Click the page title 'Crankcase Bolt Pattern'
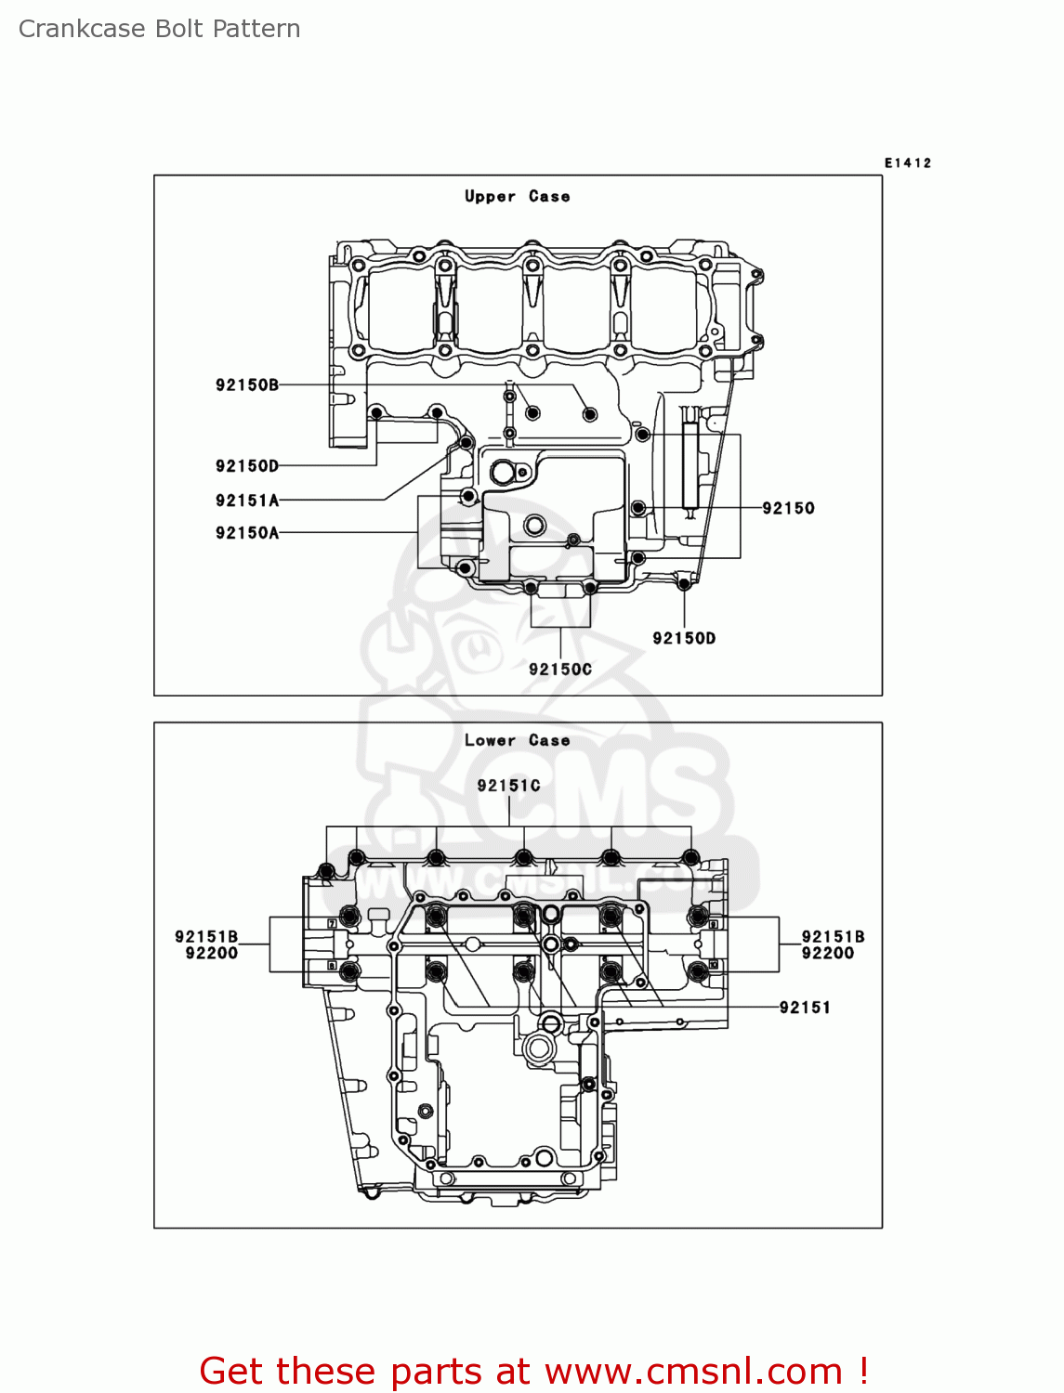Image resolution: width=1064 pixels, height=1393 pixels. click(x=159, y=29)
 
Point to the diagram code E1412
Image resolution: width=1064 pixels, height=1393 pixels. click(x=907, y=163)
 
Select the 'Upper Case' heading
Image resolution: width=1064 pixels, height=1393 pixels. click(x=517, y=196)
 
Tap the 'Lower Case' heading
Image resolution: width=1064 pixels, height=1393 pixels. click(x=517, y=740)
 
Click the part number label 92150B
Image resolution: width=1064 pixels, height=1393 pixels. click(x=246, y=384)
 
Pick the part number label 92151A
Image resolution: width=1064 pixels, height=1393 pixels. click(x=246, y=501)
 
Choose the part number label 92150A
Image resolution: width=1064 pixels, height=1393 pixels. click(x=246, y=532)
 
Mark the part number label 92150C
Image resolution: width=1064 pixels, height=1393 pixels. click(x=559, y=669)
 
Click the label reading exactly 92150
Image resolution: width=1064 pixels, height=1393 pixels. click(x=788, y=508)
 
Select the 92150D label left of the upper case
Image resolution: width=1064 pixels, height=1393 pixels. click(x=246, y=465)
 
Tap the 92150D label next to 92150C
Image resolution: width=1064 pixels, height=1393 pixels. click(x=684, y=638)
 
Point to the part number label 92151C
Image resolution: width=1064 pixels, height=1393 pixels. click(x=508, y=786)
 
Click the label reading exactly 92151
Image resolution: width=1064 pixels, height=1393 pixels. click(x=805, y=1008)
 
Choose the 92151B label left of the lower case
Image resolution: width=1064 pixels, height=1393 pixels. click(x=206, y=937)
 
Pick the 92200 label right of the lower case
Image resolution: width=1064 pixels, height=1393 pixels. click(x=827, y=953)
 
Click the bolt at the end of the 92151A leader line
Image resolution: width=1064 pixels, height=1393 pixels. click(x=466, y=443)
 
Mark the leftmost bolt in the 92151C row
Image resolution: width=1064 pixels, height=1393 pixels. click(x=326, y=871)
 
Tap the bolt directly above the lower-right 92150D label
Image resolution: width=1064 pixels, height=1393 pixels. click(x=685, y=583)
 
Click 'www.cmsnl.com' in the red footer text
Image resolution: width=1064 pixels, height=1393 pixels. click(x=692, y=1371)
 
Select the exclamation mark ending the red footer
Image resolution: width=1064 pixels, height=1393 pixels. click(x=863, y=1371)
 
